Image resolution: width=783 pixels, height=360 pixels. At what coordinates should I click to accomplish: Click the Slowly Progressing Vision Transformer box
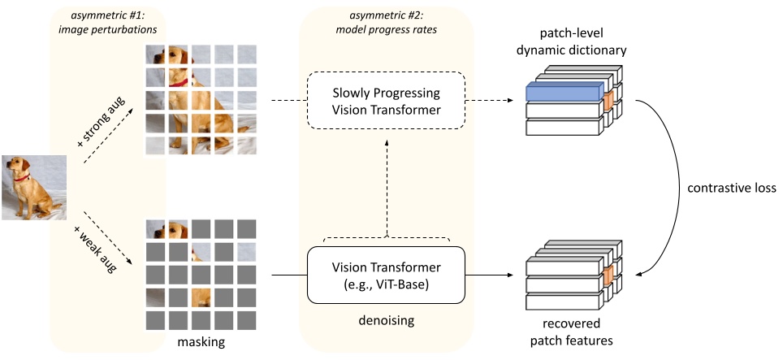(x=386, y=102)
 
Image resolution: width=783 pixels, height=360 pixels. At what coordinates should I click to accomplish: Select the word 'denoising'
(x=386, y=321)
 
